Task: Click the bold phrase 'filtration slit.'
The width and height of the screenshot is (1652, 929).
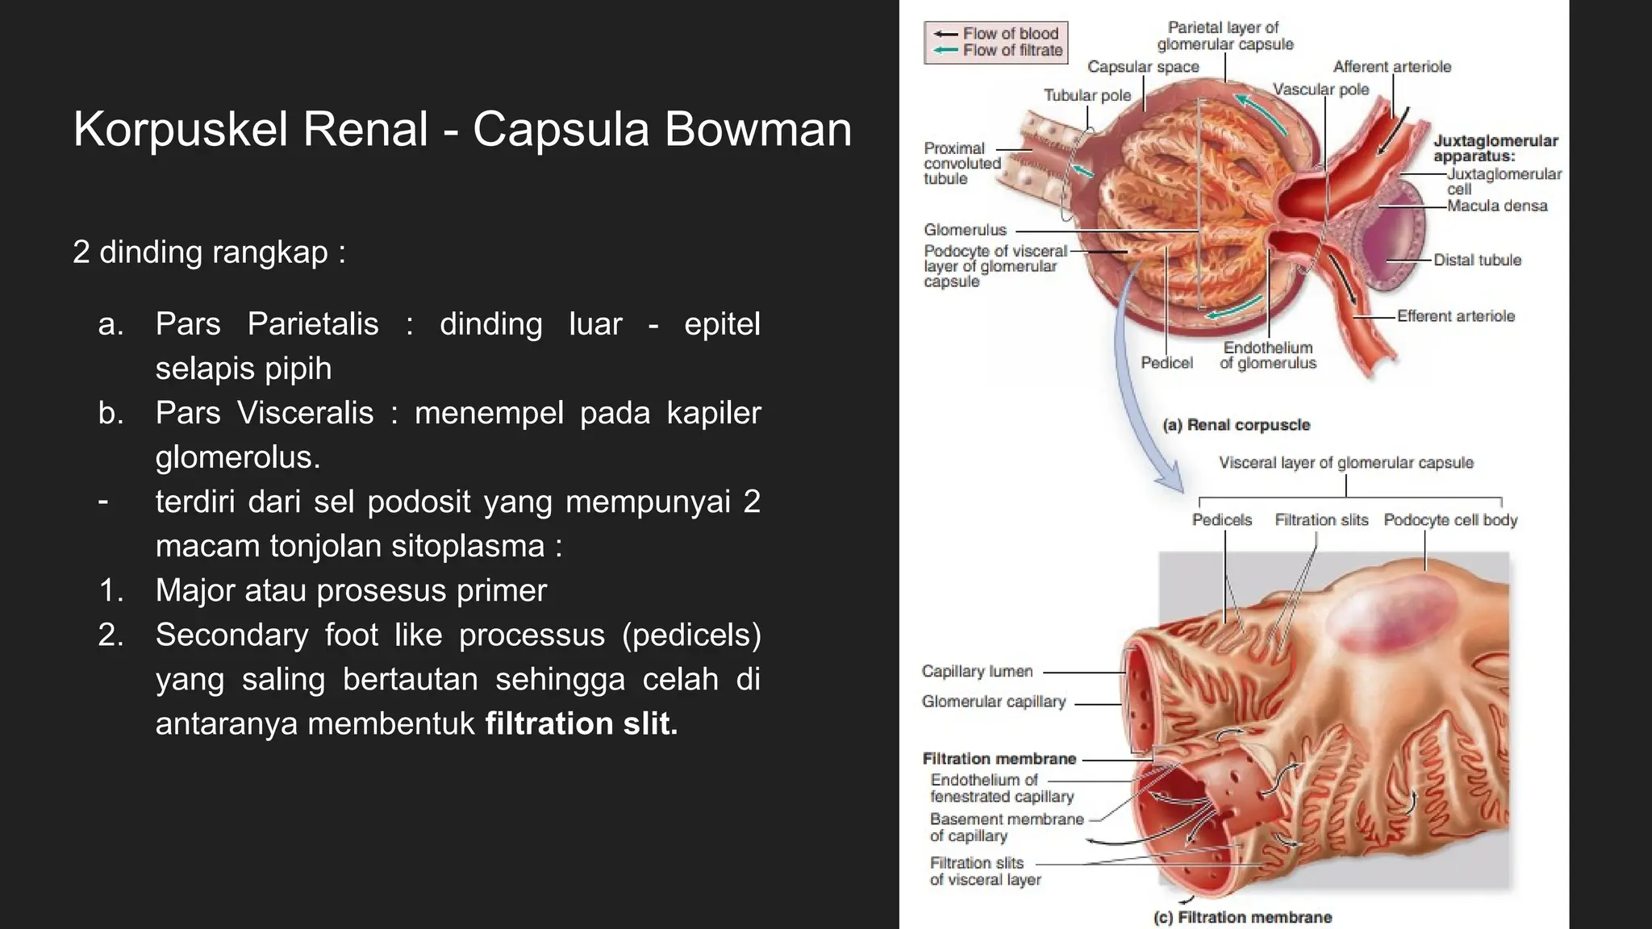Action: [582, 723]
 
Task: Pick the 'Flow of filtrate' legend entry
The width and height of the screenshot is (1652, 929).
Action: [998, 51]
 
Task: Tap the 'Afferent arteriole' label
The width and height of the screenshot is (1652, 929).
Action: [1391, 67]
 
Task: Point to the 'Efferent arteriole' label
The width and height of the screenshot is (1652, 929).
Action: [1456, 316]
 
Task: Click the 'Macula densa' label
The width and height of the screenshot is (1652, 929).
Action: [1497, 206]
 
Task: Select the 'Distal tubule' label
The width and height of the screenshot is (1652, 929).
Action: [1477, 260]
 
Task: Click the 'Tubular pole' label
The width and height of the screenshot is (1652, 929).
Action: [1087, 95]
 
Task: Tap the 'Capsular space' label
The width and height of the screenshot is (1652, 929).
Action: [1143, 67]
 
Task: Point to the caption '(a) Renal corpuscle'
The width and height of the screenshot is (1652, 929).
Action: [1236, 425]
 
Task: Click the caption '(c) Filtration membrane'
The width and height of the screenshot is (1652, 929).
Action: [1242, 917]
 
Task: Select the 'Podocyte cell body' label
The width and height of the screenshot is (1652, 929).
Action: [1450, 520]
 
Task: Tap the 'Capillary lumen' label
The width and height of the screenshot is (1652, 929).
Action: [977, 671]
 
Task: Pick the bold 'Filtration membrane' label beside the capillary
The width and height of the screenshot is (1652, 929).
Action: [999, 759]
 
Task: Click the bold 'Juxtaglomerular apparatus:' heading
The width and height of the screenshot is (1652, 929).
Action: [1496, 148]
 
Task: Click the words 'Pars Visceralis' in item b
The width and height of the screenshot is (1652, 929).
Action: [265, 413]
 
